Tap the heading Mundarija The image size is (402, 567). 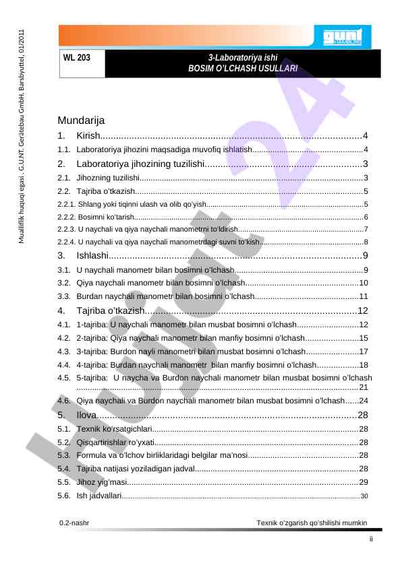point(81,121)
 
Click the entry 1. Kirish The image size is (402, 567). point(88,137)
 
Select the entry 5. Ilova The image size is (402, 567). point(85,414)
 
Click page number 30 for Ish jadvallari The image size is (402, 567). point(365,496)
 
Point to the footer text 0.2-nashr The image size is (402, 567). point(76,522)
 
